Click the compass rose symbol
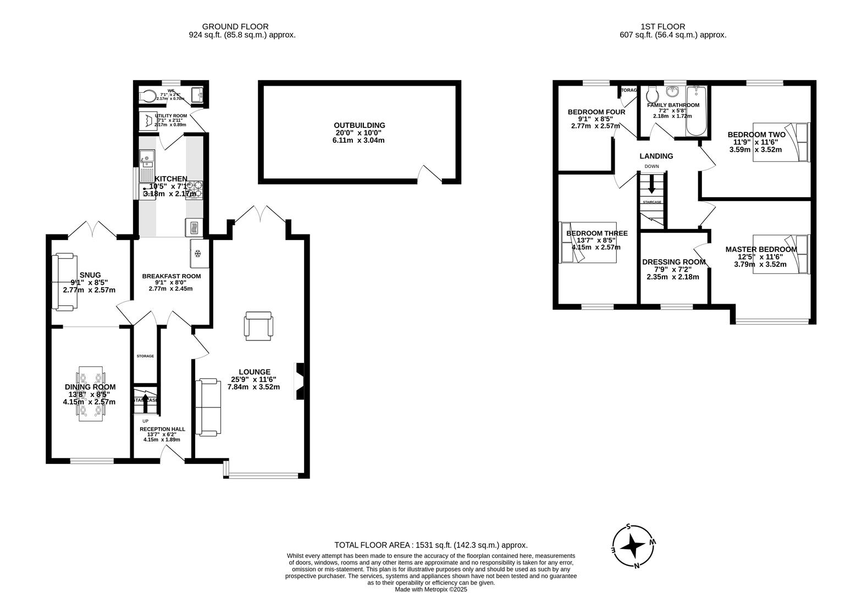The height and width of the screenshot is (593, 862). click(x=634, y=546)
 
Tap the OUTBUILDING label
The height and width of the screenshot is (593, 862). click(x=360, y=125)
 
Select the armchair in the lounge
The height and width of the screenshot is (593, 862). click(x=258, y=324)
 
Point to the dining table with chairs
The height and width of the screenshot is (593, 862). click(x=91, y=394)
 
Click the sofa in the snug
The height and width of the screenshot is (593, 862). click(x=63, y=281)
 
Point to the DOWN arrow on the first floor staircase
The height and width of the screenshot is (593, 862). click(x=652, y=186)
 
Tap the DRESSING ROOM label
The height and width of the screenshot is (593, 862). click(x=673, y=262)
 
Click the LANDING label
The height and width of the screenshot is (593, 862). click(x=656, y=156)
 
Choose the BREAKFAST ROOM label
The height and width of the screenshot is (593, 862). click(x=171, y=276)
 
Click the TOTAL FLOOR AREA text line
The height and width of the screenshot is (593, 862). click(x=430, y=545)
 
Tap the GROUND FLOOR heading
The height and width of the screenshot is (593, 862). click(x=235, y=26)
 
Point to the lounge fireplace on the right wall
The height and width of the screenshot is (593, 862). click(x=300, y=380)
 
